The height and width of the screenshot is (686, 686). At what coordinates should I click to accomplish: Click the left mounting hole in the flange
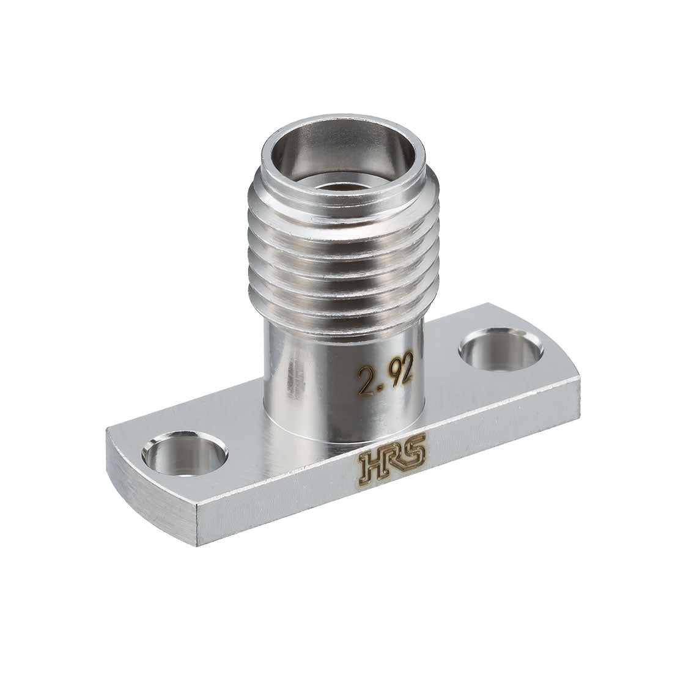(184, 454)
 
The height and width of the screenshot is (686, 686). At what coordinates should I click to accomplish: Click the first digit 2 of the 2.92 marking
(365, 382)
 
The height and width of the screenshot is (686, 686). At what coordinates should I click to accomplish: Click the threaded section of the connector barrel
(344, 254)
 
